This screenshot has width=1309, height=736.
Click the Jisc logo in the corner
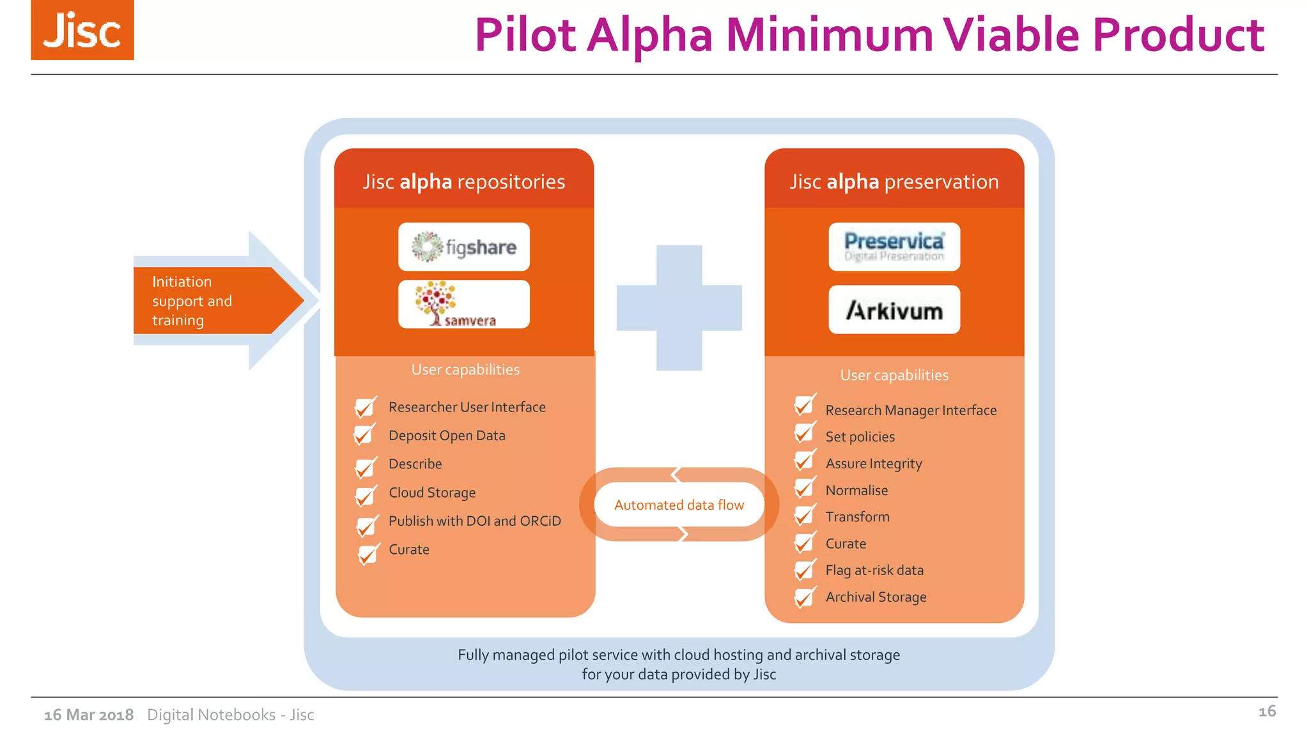click(82, 30)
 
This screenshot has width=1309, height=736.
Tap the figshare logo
click(464, 247)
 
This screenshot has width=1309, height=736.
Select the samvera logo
click(464, 305)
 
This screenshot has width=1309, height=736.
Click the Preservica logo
click(894, 247)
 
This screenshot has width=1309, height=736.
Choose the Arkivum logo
click(894, 310)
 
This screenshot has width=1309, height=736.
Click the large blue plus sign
click(679, 308)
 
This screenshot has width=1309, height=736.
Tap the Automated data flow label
click(679, 505)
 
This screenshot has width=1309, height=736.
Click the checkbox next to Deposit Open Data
click(364, 436)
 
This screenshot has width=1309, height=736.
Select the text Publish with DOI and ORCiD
click(474, 521)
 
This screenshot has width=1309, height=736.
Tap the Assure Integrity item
click(873, 464)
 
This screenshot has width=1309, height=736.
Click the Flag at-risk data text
click(874, 570)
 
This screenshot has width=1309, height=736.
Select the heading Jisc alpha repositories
click(464, 181)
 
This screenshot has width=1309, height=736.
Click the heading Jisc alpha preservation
click(894, 181)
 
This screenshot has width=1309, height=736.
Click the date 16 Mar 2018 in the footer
click(89, 715)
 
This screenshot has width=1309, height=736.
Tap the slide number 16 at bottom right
click(1267, 711)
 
